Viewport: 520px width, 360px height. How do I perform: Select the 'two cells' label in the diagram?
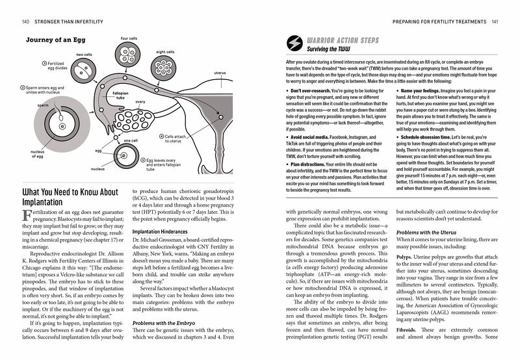(x=84, y=55)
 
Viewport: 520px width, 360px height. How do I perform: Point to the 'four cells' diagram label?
(x=129, y=38)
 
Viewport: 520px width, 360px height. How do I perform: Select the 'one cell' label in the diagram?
(x=131, y=140)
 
